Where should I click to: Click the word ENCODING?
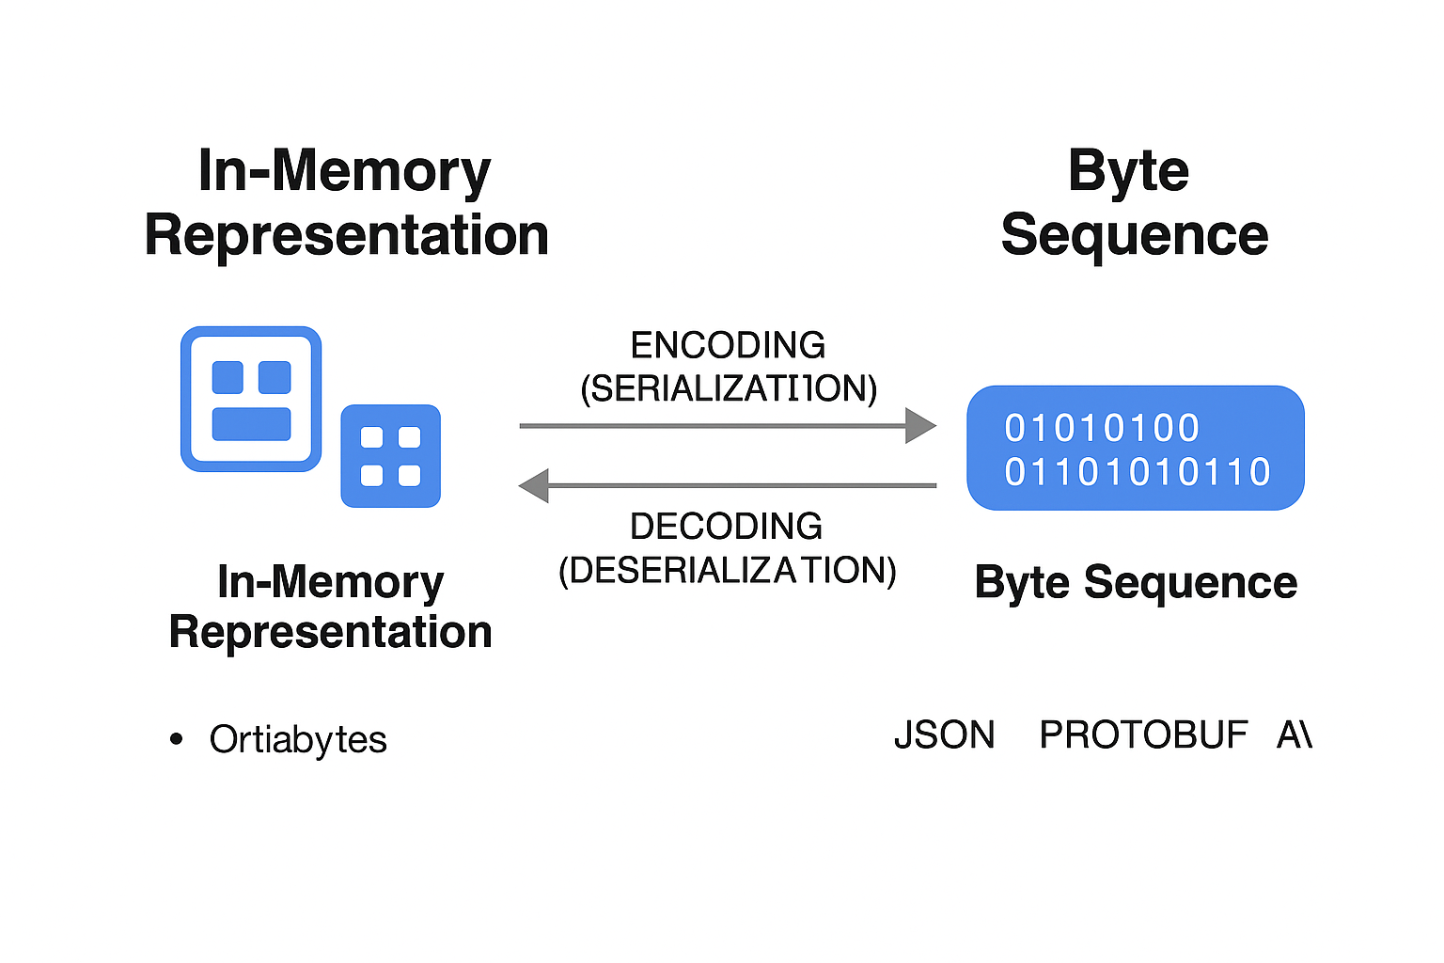click(x=728, y=345)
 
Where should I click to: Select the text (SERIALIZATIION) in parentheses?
click(x=729, y=388)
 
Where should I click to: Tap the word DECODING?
click(x=726, y=527)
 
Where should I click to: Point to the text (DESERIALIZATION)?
click(x=727, y=571)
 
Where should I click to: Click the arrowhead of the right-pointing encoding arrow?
click(x=919, y=426)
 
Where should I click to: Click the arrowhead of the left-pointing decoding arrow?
click(x=535, y=486)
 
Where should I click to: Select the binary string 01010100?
click(x=1102, y=429)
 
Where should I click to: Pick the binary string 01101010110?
click(x=1138, y=472)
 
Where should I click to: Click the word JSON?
click(x=944, y=734)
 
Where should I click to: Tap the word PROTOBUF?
click(x=1143, y=734)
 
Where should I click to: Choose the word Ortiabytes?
click(x=298, y=740)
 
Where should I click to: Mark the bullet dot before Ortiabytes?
click(x=177, y=739)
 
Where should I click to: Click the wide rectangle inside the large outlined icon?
click(x=251, y=424)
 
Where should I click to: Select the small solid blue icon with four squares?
click(x=390, y=456)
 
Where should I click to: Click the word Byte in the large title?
click(x=1128, y=172)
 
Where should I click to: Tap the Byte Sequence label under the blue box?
click(x=1136, y=582)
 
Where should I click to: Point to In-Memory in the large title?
click(x=344, y=172)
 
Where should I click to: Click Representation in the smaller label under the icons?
click(x=330, y=632)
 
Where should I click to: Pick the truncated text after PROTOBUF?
click(x=1294, y=734)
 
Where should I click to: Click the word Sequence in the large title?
click(x=1135, y=235)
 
